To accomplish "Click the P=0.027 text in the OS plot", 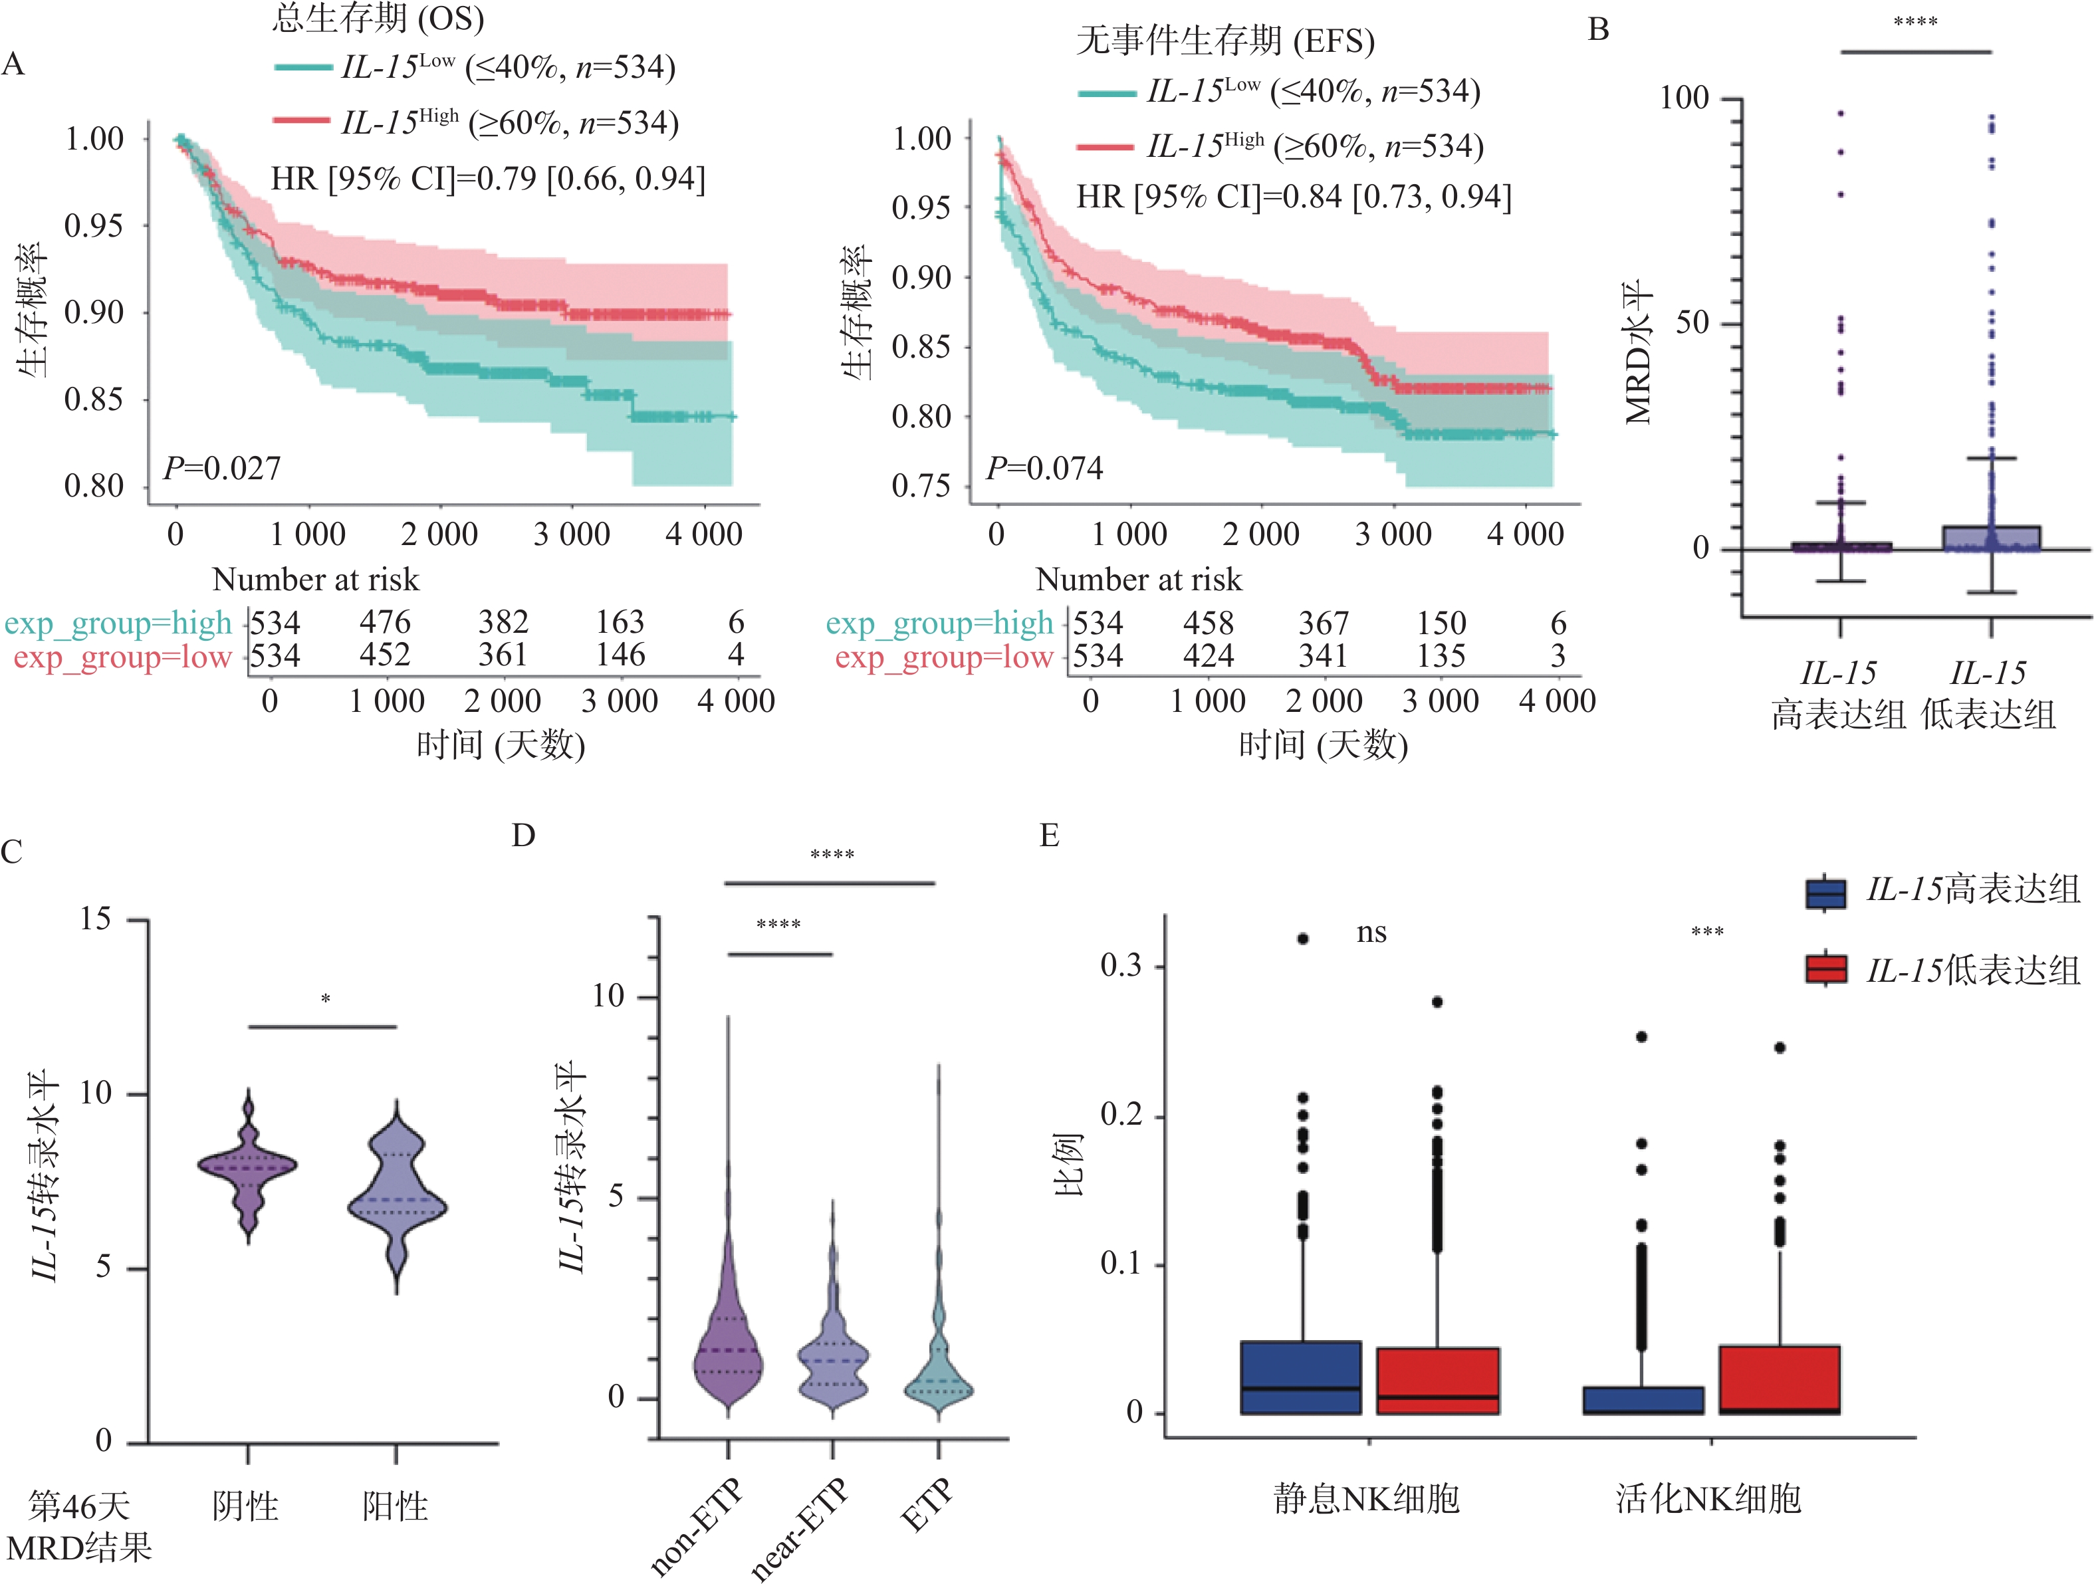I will (x=223, y=468).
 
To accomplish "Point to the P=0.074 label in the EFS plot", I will (x=1044, y=468).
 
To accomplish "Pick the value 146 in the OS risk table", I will (x=621, y=655).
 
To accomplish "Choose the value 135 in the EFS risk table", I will (x=1441, y=656).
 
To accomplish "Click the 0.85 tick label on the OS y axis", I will (x=94, y=399).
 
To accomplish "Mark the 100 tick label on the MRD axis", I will (x=1685, y=98).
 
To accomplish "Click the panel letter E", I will (x=1049, y=836).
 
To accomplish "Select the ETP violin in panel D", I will (x=938, y=1365).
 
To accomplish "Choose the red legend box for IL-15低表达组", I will (x=1826, y=968).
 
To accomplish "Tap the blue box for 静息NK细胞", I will (x=1301, y=1378).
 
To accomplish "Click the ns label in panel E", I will (x=1371, y=933).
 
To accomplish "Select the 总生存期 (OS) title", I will (x=378, y=17).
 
